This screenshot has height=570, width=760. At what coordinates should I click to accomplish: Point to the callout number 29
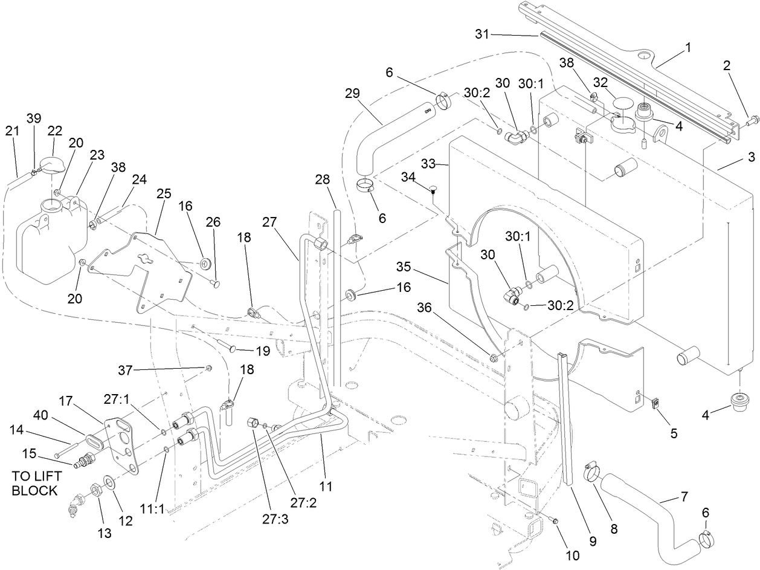[x=353, y=94]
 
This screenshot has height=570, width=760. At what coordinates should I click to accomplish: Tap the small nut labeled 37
[x=207, y=368]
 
